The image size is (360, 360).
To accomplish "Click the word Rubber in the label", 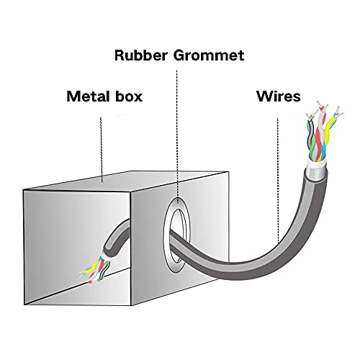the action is pyautogui.click(x=140, y=55).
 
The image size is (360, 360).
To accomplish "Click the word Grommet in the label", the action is pyautogui.click(x=209, y=55).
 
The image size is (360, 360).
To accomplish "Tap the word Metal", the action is pyautogui.click(x=88, y=96).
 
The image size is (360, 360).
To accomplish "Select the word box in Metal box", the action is pyautogui.click(x=129, y=96).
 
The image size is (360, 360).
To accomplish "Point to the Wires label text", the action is pyautogui.click(x=279, y=96).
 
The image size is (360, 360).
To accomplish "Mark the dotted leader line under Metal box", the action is pyautogui.click(x=102, y=150).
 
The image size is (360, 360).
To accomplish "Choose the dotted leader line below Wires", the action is pyautogui.click(x=278, y=181).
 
